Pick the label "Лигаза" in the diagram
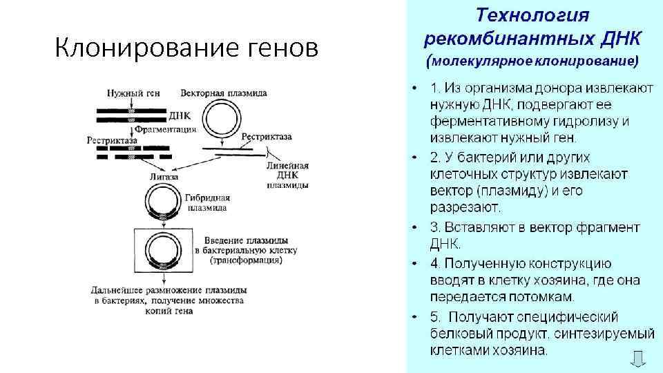point(164,177)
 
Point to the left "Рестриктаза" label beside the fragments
point(112,140)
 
